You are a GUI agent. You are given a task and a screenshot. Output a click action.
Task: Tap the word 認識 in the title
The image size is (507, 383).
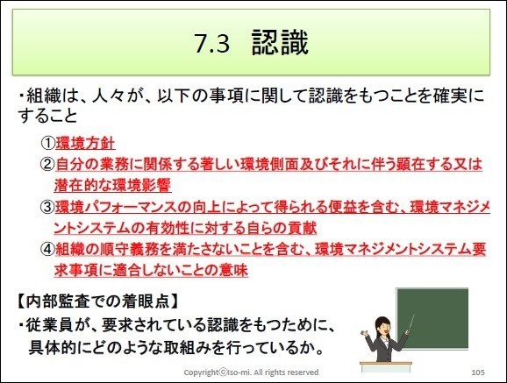[281, 43]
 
